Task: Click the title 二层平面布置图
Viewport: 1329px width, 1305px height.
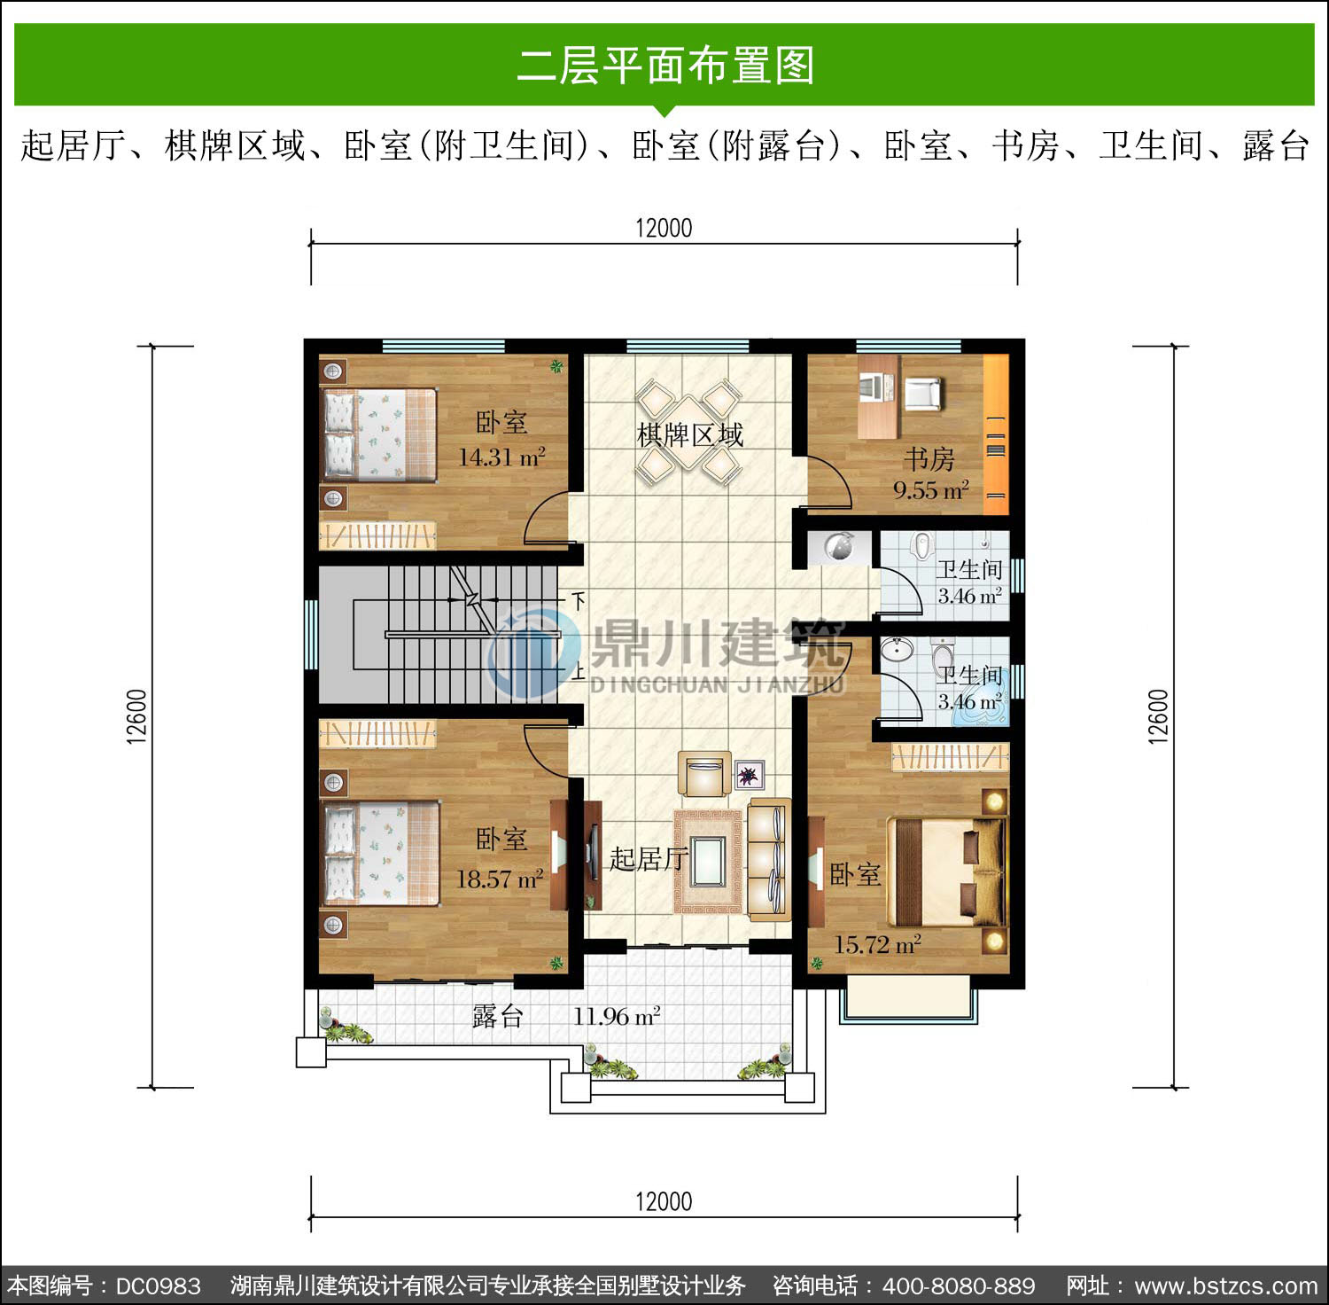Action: click(x=664, y=66)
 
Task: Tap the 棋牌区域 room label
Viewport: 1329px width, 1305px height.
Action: click(x=690, y=435)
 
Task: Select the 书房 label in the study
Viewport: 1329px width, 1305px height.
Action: click(x=929, y=459)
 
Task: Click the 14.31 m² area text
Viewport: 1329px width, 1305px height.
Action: click(x=501, y=457)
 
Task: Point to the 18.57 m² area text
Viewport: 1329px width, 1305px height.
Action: click(x=500, y=879)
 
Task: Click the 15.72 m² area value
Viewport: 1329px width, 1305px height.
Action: click(x=877, y=944)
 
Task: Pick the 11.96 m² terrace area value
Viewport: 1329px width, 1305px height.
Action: click(x=617, y=1016)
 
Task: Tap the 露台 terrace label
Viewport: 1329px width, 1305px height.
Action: click(x=497, y=1016)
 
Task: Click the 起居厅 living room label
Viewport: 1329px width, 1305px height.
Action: click(x=649, y=858)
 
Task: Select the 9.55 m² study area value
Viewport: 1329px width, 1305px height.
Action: click(x=931, y=490)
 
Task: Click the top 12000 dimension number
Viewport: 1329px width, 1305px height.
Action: click(x=664, y=228)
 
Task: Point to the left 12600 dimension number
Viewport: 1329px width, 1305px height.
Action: click(x=136, y=716)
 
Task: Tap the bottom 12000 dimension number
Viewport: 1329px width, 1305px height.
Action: click(x=664, y=1201)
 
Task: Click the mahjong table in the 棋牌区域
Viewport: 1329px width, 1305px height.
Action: click(x=689, y=433)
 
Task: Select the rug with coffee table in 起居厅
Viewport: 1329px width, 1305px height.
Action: click(x=708, y=861)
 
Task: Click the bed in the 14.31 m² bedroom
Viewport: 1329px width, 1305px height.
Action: click(x=379, y=434)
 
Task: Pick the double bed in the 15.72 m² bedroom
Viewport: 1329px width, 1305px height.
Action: click(x=946, y=872)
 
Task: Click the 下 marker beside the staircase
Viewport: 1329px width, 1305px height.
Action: click(x=578, y=601)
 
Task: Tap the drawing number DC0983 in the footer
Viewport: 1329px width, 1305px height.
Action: click(x=159, y=1286)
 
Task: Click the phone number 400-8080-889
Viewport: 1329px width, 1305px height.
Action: click(x=959, y=1286)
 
